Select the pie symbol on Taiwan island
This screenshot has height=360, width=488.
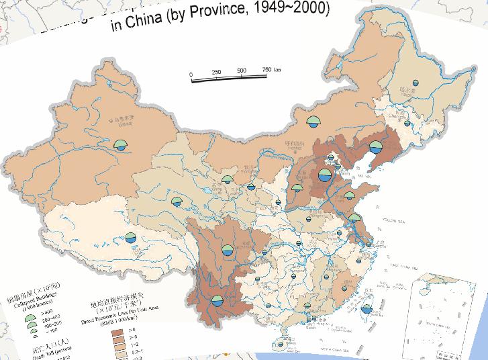click(366, 310)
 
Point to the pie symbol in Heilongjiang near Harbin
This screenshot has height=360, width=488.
click(415, 83)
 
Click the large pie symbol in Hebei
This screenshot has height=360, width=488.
click(324, 176)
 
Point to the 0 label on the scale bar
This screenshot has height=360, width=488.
click(191, 74)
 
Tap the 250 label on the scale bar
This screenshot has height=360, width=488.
click(217, 73)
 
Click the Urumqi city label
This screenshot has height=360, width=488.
click(122, 122)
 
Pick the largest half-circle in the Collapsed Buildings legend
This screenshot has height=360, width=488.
click(30, 312)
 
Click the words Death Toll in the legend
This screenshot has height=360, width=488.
click(28, 357)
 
